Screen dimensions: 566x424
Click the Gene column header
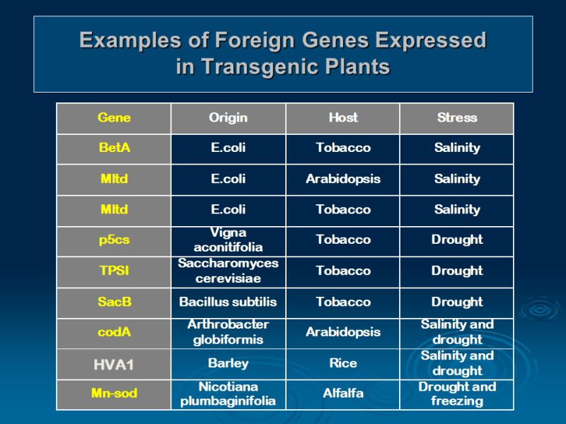coord(114,117)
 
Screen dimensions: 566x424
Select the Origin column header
coord(228,117)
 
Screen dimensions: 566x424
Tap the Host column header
coord(343,117)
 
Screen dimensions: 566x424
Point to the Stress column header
coord(457,117)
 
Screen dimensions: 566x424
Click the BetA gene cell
coord(114,148)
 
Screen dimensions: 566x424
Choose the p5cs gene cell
coord(114,240)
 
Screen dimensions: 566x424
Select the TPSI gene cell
coord(114,271)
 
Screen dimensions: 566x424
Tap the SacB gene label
coord(114,302)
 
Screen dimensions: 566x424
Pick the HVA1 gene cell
coord(114,365)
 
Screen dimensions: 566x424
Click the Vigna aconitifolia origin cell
coord(228,240)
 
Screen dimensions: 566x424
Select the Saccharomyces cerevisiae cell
coord(228,271)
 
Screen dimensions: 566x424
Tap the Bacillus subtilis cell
coord(228,302)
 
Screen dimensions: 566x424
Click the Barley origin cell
coord(228,363)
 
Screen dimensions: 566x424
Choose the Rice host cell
coord(343,363)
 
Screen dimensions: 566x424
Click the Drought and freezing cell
coord(457,394)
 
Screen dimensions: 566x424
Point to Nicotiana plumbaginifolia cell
coord(228,394)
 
